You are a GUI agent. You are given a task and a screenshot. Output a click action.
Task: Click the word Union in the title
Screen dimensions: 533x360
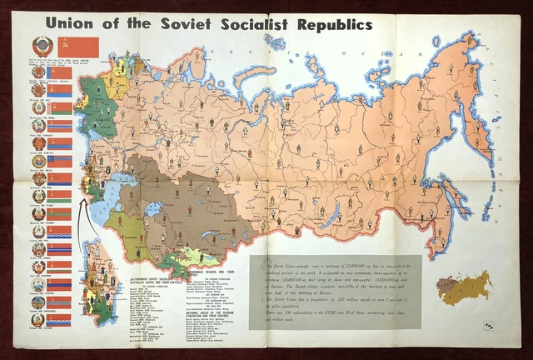[x=77, y=22]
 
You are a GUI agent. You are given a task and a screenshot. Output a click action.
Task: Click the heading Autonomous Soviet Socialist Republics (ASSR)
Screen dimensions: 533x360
[x=153, y=277]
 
